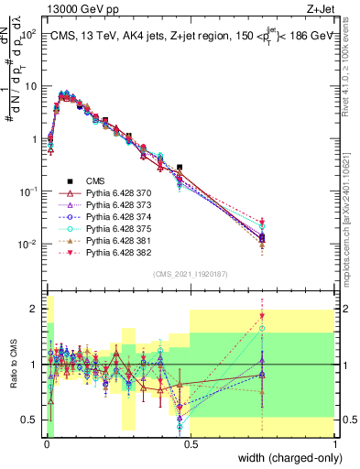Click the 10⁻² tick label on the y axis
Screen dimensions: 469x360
pos(28,245)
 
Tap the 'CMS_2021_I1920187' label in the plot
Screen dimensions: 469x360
pos(191,273)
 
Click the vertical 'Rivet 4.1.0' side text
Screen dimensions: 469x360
pos(351,64)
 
